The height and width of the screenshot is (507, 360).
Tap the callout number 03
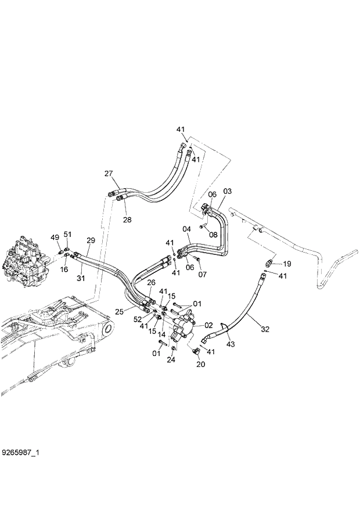tap(227, 191)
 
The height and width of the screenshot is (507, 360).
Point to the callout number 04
tap(187, 229)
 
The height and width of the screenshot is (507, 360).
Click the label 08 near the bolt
tap(213, 235)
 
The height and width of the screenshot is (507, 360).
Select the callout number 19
tap(287, 264)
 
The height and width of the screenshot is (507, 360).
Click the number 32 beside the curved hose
tap(265, 329)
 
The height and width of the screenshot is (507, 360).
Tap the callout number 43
tap(231, 345)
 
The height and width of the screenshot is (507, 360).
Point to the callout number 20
tap(200, 365)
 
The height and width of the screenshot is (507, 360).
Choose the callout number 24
tap(171, 359)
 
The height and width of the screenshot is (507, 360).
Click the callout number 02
tap(208, 325)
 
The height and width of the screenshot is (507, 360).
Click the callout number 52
tap(138, 319)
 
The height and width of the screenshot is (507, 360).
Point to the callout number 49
tap(55, 238)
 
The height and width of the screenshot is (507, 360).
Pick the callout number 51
tap(67, 234)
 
